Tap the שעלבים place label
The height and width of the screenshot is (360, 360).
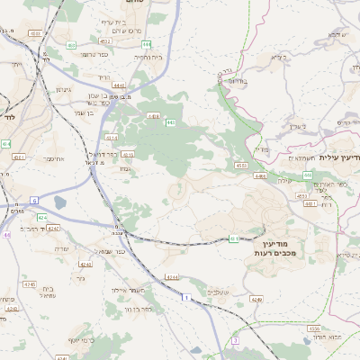point(218,292)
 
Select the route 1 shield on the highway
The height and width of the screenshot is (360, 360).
point(185,296)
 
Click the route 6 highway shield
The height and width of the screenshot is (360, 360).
point(35,200)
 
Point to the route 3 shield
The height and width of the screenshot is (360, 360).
point(234,341)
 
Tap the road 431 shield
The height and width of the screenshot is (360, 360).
point(234,238)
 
